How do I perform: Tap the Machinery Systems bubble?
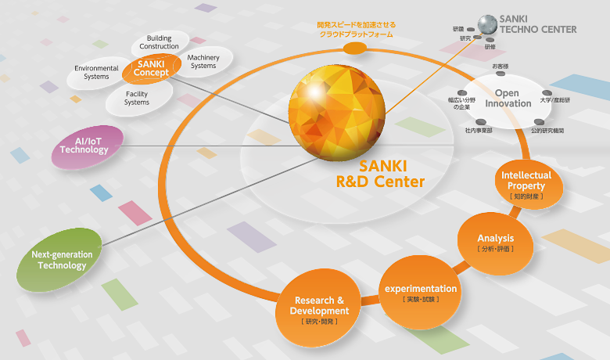pos(203,61)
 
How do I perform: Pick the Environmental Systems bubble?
pos(97,72)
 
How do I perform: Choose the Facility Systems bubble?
pos(137,98)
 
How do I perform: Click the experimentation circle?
pos(420,292)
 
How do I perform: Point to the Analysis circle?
pos(495,242)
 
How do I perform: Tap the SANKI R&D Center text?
pos(379,174)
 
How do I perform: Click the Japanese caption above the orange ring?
pos(355,30)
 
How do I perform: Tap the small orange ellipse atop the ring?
pos(354,49)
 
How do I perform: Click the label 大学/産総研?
pos(555,101)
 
